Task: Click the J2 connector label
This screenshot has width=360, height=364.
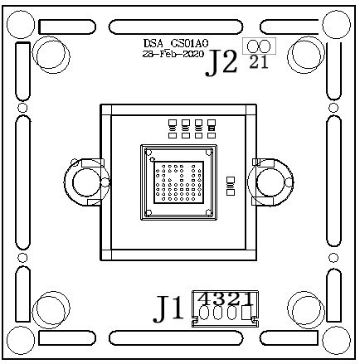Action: click(x=221, y=63)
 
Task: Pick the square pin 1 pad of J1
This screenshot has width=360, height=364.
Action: click(x=246, y=313)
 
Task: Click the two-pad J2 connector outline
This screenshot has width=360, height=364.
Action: click(x=258, y=48)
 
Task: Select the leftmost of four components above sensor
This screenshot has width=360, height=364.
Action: click(x=171, y=127)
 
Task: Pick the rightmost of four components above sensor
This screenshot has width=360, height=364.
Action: click(x=212, y=127)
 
